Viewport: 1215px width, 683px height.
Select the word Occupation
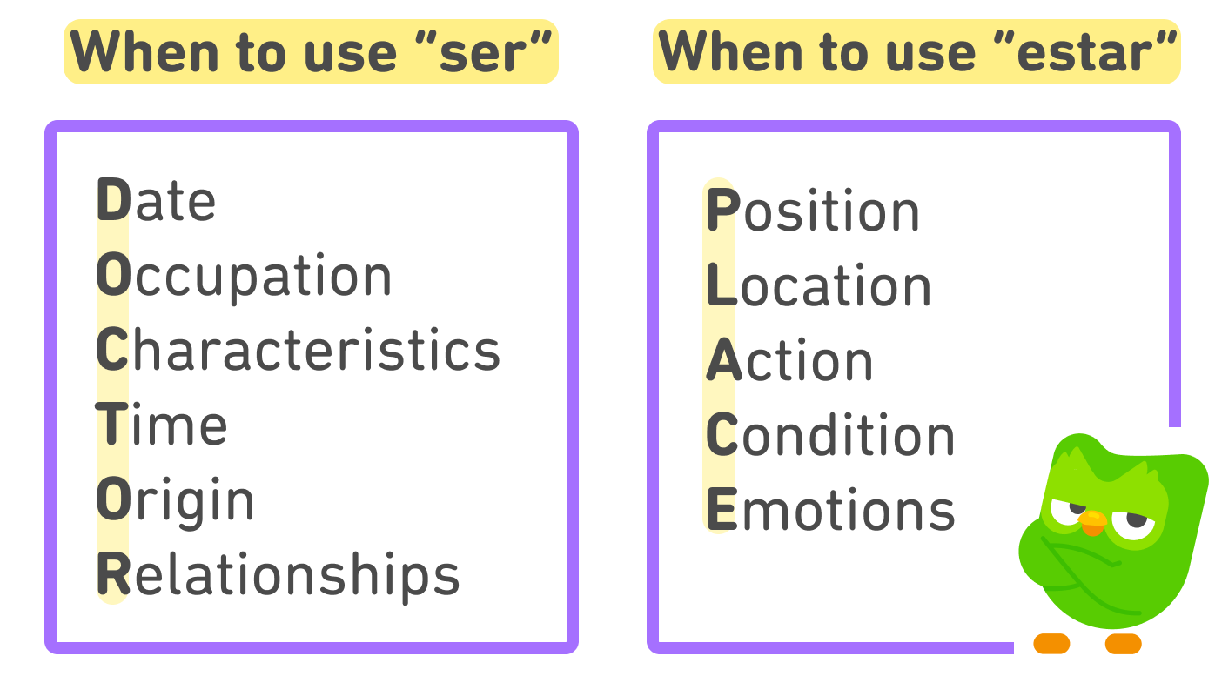click(244, 277)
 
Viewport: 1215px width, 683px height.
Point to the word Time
click(162, 425)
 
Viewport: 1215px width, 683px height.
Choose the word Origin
click(175, 502)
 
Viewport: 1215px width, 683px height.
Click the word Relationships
click(278, 575)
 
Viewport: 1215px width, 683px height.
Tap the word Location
click(819, 286)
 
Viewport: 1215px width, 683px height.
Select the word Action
click(789, 361)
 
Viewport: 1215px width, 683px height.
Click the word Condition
click(830, 436)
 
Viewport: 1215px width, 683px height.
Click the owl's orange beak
click(1092, 522)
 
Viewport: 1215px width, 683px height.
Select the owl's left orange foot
click(1051, 644)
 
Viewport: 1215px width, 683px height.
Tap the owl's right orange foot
click(1123, 644)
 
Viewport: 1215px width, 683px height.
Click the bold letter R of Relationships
click(113, 575)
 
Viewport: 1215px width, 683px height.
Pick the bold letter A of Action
click(722, 361)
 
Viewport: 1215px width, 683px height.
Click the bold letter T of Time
click(111, 425)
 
